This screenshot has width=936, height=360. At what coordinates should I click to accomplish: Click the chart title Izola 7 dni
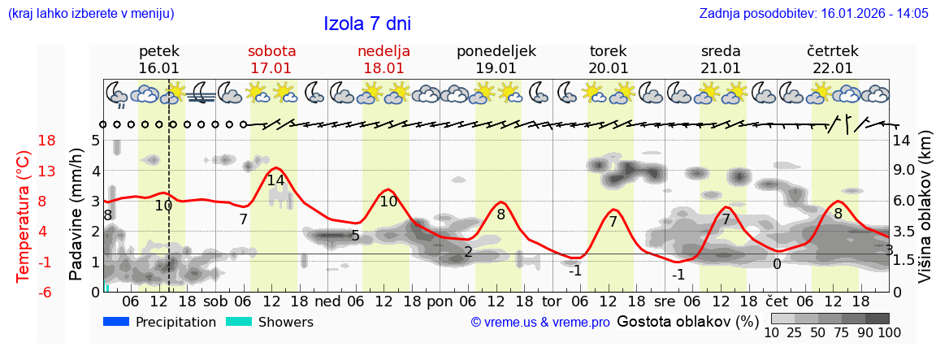pyautogui.click(x=367, y=24)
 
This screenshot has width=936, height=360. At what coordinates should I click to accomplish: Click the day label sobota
pyautogui.click(x=271, y=51)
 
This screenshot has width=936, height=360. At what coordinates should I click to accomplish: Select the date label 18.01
pyautogui.click(x=383, y=68)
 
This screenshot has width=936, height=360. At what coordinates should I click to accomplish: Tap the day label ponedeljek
pyautogui.click(x=496, y=51)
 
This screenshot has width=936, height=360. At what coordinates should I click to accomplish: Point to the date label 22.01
pyautogui.click(x=833, y=68)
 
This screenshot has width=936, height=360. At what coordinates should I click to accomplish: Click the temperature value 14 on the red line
pyautogui.click(x=275, y=180)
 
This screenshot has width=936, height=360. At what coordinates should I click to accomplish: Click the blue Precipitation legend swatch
pyautogui.click(x=116, y=322)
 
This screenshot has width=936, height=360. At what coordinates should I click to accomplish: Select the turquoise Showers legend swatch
pyautogui.click(x=238, y=322)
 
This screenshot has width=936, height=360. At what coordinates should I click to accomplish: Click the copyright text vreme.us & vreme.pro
pyautogui.click(x=539, y=323)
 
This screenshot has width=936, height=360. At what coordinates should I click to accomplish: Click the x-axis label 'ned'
pyautogui.click(x=327, y=301)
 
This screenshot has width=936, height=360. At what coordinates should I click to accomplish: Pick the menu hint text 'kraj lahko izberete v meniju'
pyautogui.click(x=90, y=14)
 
